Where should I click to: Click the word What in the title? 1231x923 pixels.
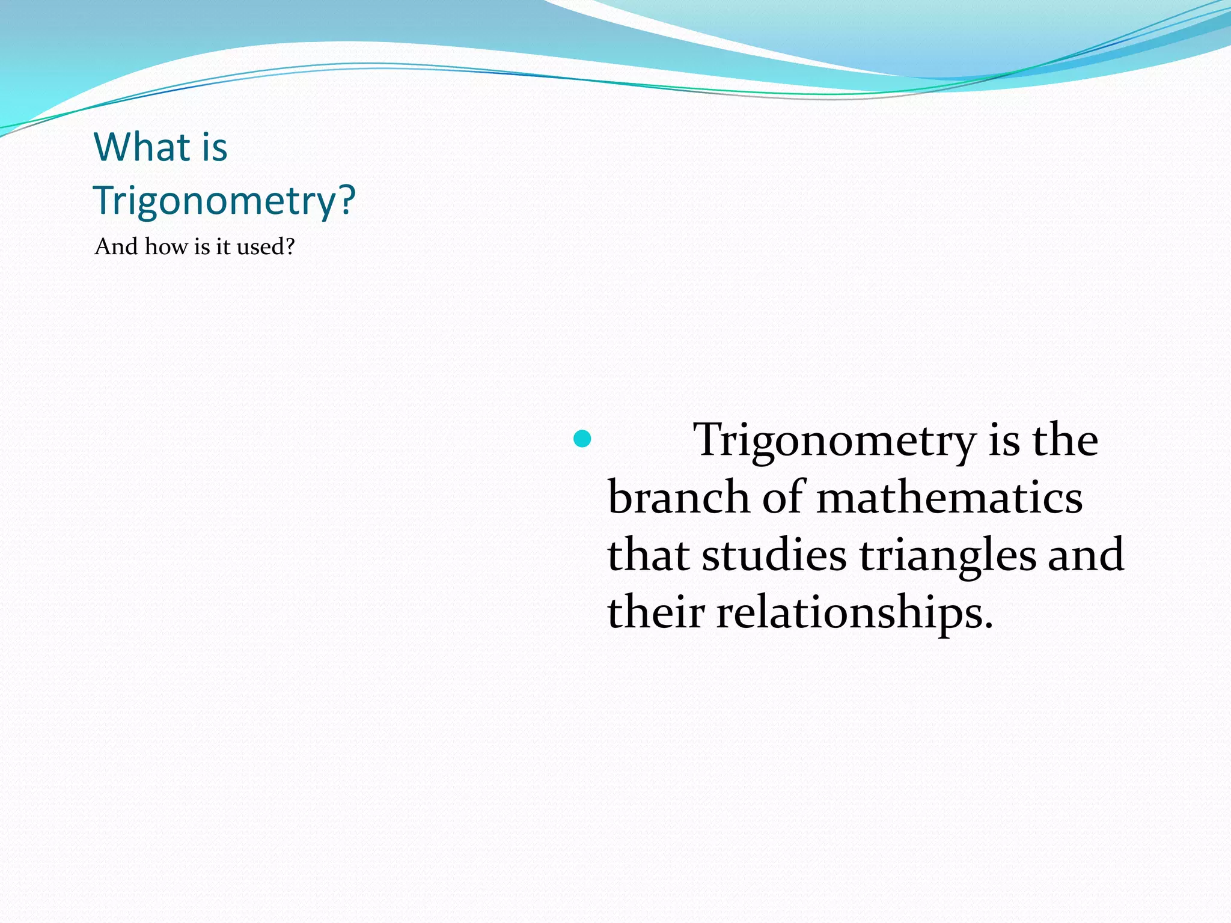[x=142, y=147]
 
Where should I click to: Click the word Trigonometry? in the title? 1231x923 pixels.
[x=224, y=200]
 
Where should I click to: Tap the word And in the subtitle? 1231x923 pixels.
[x=117, y=246]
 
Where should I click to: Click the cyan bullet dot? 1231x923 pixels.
[x=582, y=439]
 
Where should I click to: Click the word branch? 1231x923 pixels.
[x=678, y=498]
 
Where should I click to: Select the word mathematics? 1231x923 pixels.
[x=949, y=498]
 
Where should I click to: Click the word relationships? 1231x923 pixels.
[x=854, y=613]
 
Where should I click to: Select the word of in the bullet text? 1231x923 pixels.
[x=783, y=498]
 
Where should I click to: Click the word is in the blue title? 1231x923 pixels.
[x=215, y=147]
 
